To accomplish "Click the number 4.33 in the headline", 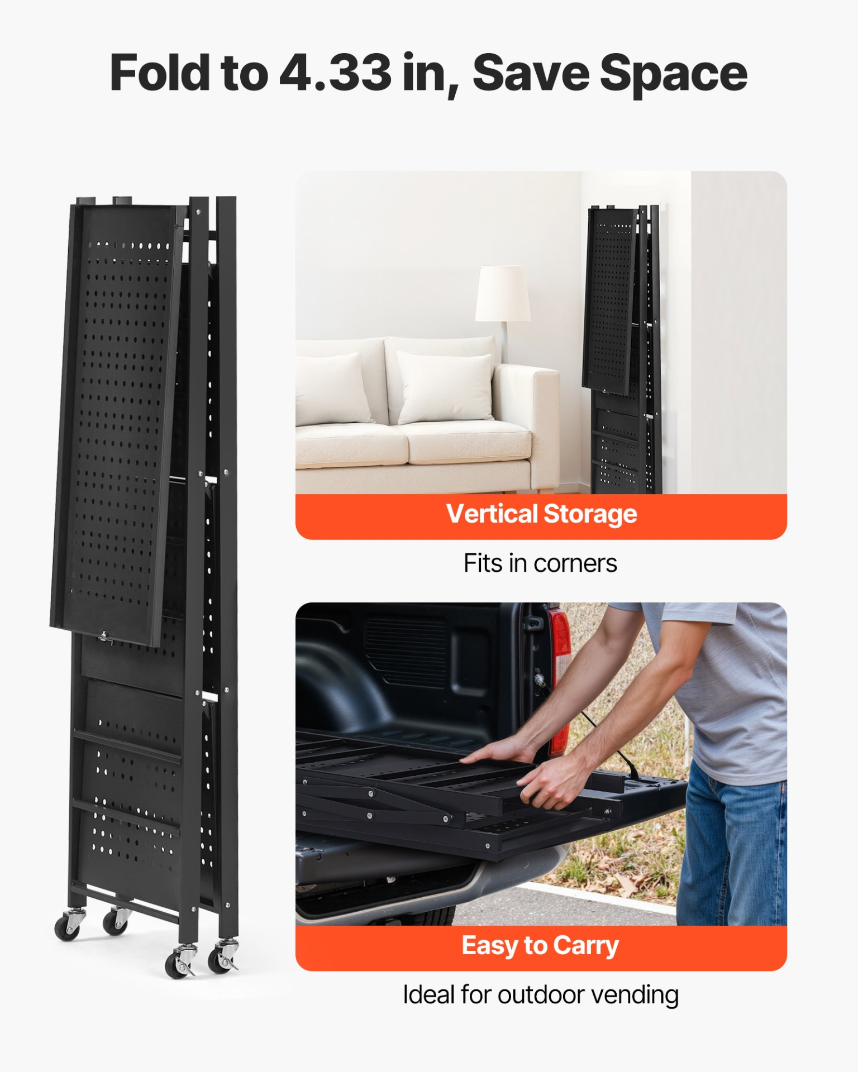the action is pyautogui.click(x=335, y=73).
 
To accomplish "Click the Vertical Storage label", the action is pyautogui.click(x=541, y=514).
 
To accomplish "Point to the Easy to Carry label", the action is pyautogui.click(x=540, y=946).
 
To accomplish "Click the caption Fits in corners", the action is pyautogui.click(x=540, y=563).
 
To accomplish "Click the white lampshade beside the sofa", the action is pyautogui.click(x=503, y=293).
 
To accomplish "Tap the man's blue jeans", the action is pyautogui.click(x=732, y=849).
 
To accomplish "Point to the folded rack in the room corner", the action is pyautogui.click(x=622, y=349).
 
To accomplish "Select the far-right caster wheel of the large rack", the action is pyautogui.click(x=224, y=957).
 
